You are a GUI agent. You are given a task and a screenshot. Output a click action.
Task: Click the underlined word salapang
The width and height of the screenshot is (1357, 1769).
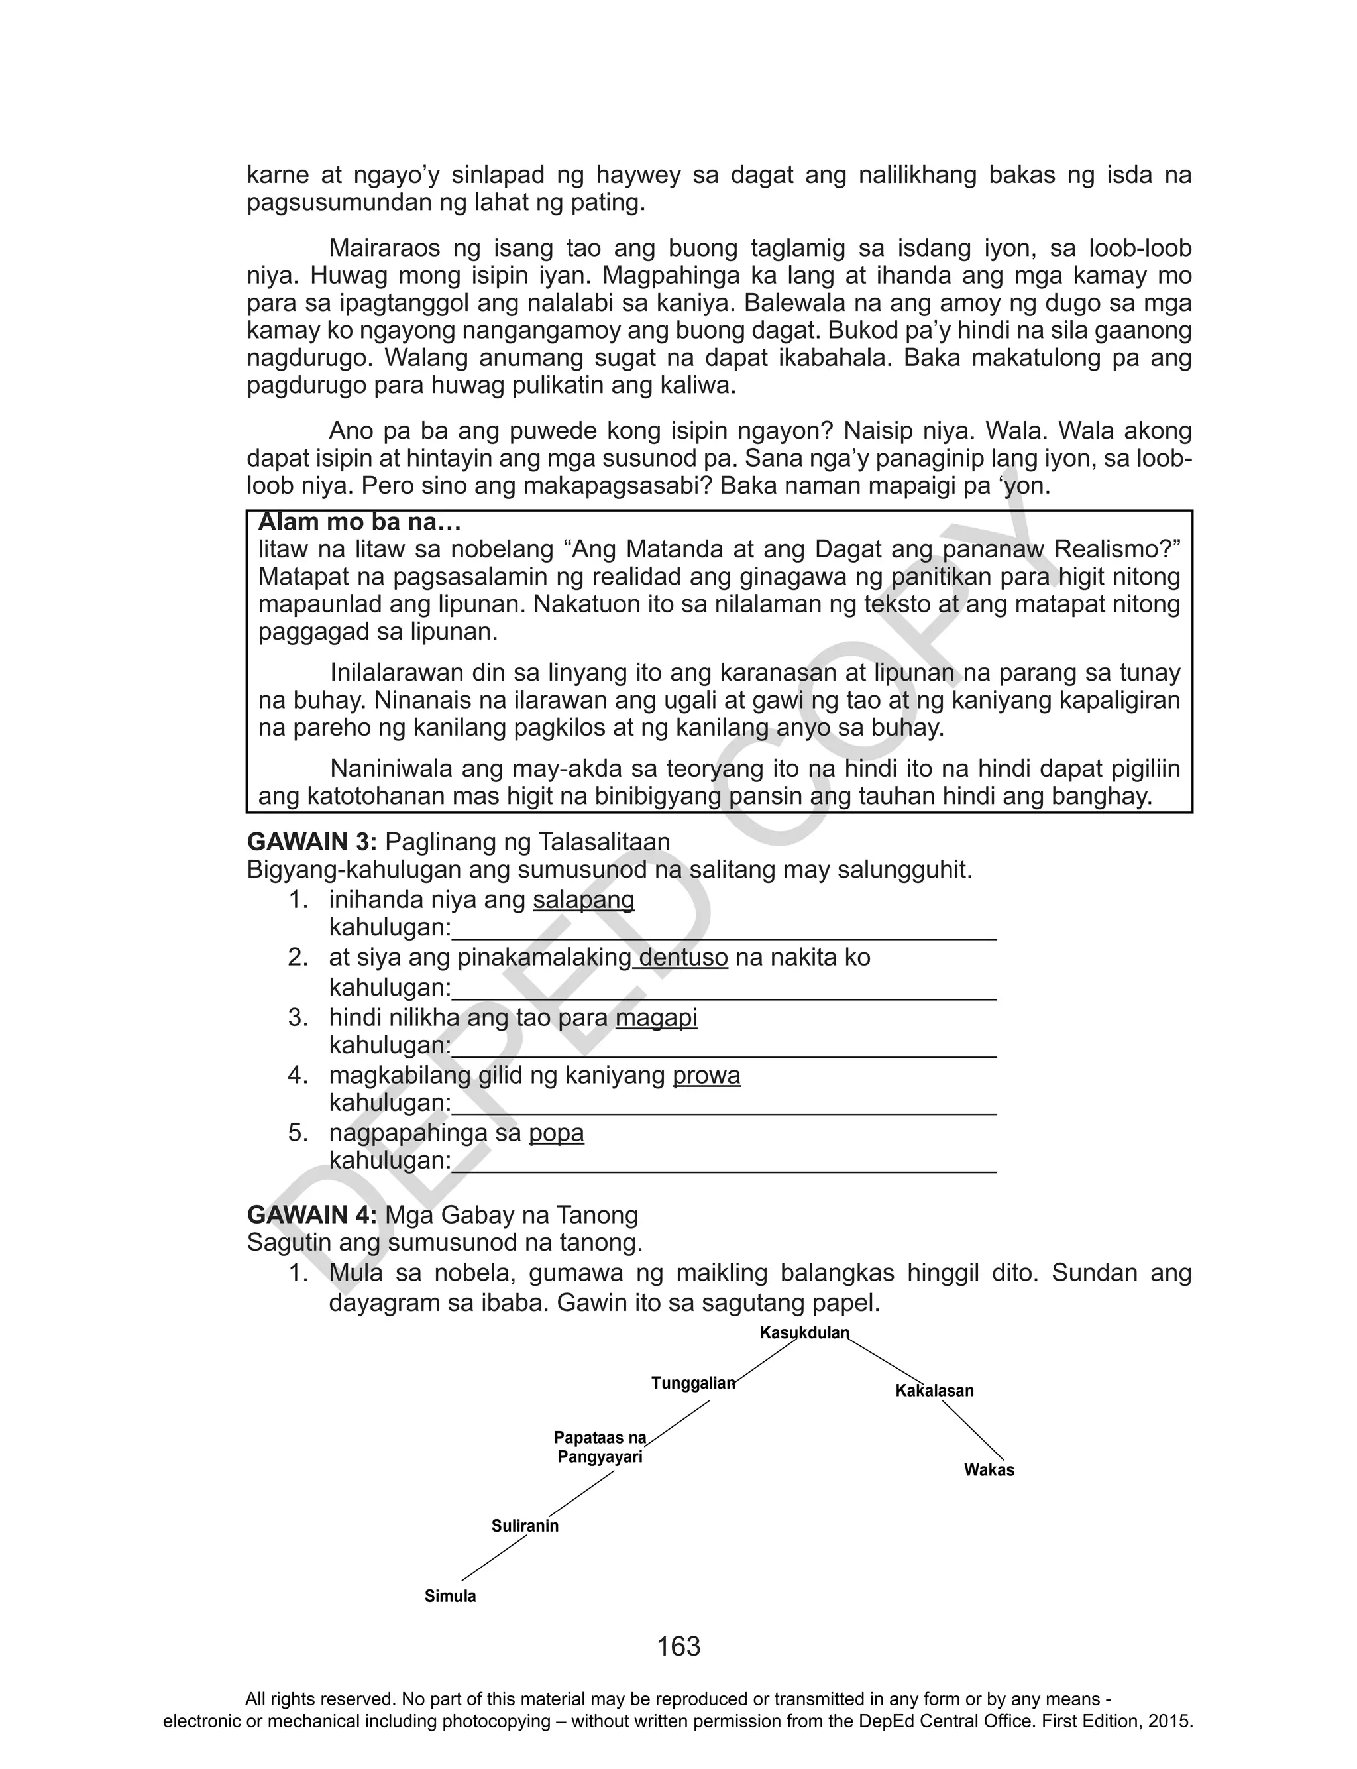[x=583, y=900]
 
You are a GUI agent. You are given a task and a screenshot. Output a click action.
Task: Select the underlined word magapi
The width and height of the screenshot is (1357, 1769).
[x=656, y=1018]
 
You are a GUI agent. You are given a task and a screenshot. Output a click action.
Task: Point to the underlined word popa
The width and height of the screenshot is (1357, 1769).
[x=556, y=1133]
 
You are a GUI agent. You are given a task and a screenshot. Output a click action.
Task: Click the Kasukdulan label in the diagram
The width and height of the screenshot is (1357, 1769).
[x=804, y=1333]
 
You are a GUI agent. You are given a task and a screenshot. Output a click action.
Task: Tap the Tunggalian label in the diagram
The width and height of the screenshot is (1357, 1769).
[x=693, y=1383]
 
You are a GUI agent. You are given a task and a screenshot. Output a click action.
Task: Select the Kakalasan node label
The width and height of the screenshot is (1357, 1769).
[x=934, y=1391]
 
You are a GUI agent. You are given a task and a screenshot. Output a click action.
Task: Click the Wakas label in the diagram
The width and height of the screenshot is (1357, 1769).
[x=989, y=1470]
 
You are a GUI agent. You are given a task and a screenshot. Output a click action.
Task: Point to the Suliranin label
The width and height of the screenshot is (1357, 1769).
[x=525, y=1526]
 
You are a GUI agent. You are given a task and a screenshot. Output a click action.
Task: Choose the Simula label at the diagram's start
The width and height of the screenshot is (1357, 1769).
[x=450, y=1596]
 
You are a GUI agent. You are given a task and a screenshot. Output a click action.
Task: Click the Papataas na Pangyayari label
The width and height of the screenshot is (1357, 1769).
[x=600, y=1448]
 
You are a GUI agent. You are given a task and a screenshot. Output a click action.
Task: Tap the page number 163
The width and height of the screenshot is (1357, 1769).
[x=678, y=1646]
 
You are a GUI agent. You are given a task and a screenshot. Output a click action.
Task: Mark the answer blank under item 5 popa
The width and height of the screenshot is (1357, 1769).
[x=723, y=1170]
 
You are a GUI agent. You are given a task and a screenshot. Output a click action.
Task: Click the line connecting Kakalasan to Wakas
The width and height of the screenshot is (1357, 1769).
[x=973, y=1430]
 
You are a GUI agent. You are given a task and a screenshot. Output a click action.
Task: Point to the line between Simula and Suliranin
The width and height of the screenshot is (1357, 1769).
[x=494, y=1558]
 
